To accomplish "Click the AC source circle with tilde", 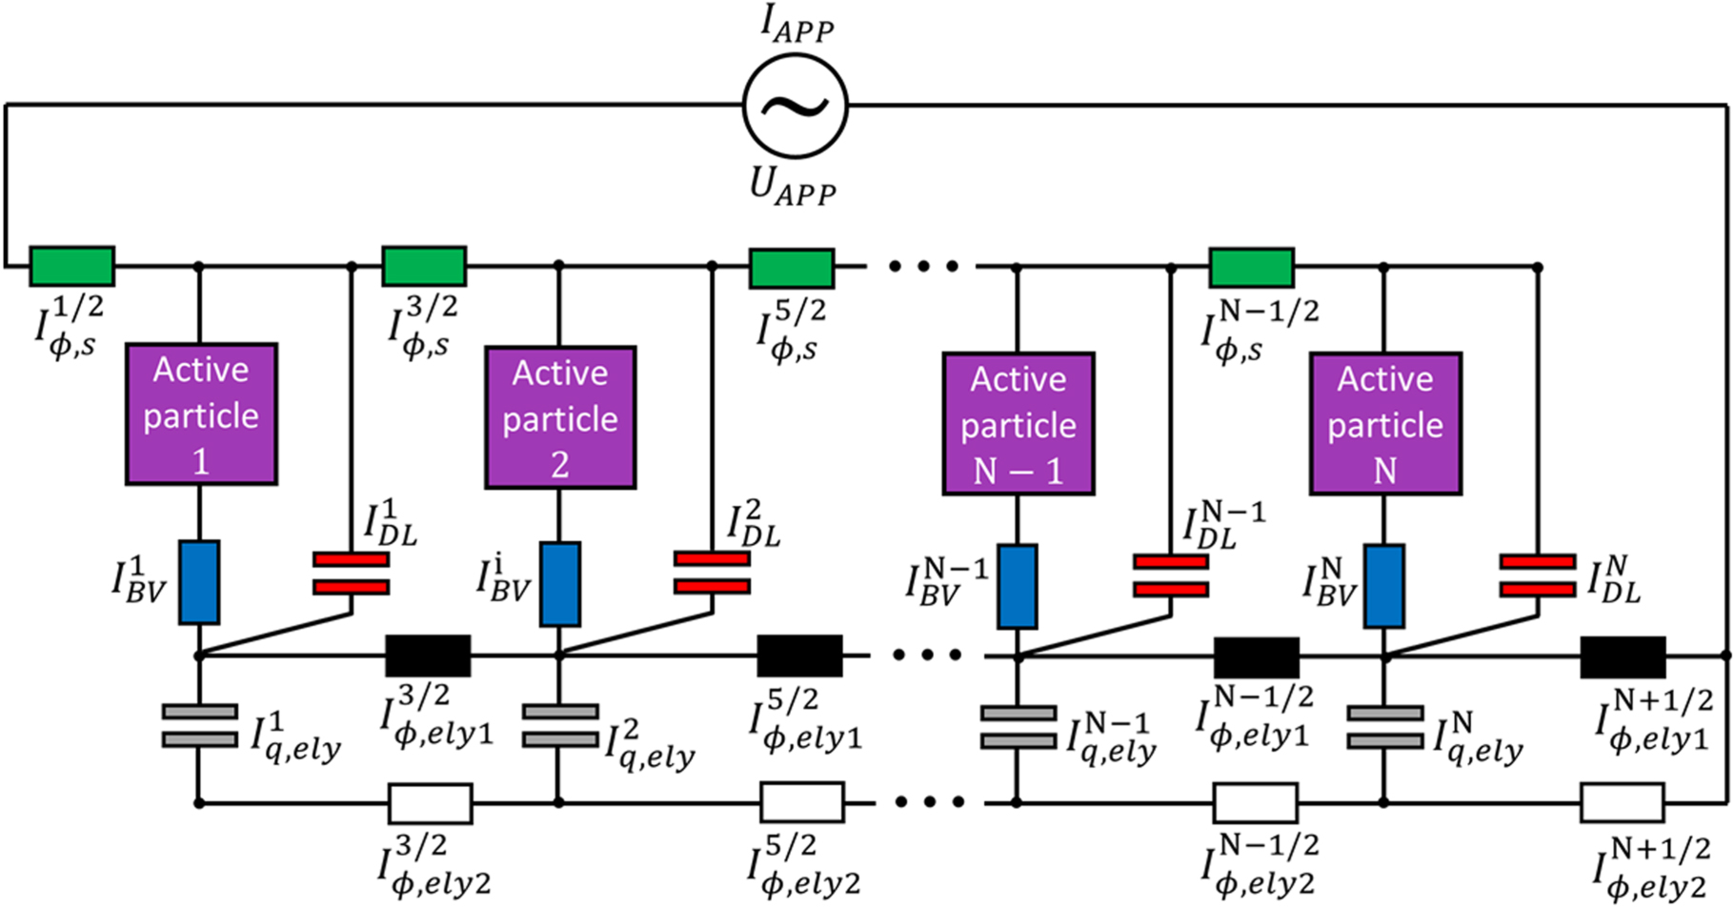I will pos(795,106).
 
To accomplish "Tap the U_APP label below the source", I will pos(793,186).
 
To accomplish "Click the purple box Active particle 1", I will pos(201,414).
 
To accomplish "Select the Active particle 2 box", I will pos(560,418).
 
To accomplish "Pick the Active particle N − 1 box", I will pos(1018,424).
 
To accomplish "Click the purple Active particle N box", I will pos(1385,424).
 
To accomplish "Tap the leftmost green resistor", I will pos(72,267).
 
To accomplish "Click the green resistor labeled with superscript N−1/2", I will pos(1251,268).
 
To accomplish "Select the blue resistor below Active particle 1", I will pos(199,583).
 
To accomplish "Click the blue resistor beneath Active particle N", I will pos(1383,586).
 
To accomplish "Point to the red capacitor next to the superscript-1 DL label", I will pos(351,574).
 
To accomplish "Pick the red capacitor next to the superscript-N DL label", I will pos(1537,576).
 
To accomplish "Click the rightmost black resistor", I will pos(1623,657).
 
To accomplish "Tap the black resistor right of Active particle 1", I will pos(428,656).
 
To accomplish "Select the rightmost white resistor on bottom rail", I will pos(1622,803).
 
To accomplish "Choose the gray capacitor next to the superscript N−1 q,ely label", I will pos(1018,727).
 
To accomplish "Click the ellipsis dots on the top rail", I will pos(923,267).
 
